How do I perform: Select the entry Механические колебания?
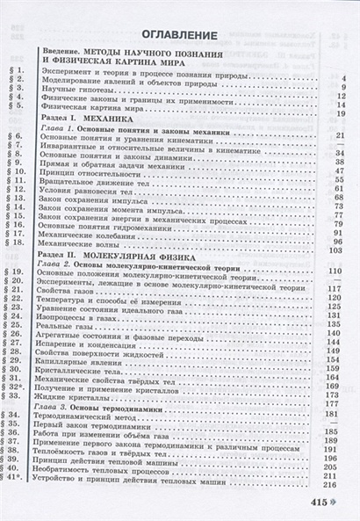tap(96, 240)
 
